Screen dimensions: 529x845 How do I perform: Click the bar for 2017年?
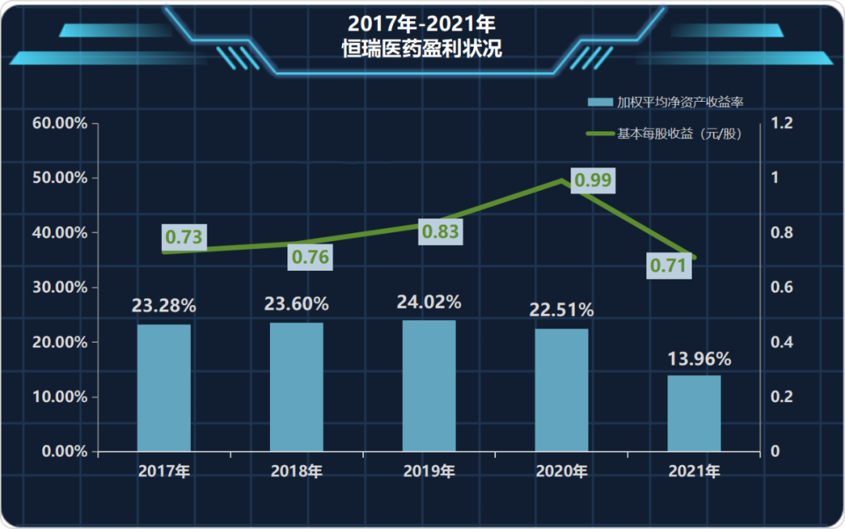click(164, 387)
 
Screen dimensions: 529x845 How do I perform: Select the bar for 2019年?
click(429, 385)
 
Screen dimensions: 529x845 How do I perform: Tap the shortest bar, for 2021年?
click(694, 413)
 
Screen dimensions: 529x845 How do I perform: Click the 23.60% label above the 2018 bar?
click(297, 303)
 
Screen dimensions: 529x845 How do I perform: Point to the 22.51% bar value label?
click(561, 310)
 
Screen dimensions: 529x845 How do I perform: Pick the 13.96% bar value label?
click(699, 359)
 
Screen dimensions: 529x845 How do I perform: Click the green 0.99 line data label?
click(592, 180)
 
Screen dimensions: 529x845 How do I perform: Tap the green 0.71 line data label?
click(669, 266)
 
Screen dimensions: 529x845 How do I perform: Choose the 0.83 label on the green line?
click(440, 232)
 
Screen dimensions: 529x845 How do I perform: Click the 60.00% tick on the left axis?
click(60, 124)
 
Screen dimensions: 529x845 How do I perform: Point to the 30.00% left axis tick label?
click(60, 287)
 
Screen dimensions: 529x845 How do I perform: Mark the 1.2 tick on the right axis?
click(782, 124)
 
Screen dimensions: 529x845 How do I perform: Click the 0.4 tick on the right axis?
click(782, 342)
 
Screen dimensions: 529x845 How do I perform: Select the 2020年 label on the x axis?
click(562, 472)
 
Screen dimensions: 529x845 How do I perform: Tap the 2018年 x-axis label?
click(297, 472)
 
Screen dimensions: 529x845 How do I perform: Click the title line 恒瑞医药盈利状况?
click(422, 49)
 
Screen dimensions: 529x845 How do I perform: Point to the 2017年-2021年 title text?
click(422, 22)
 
